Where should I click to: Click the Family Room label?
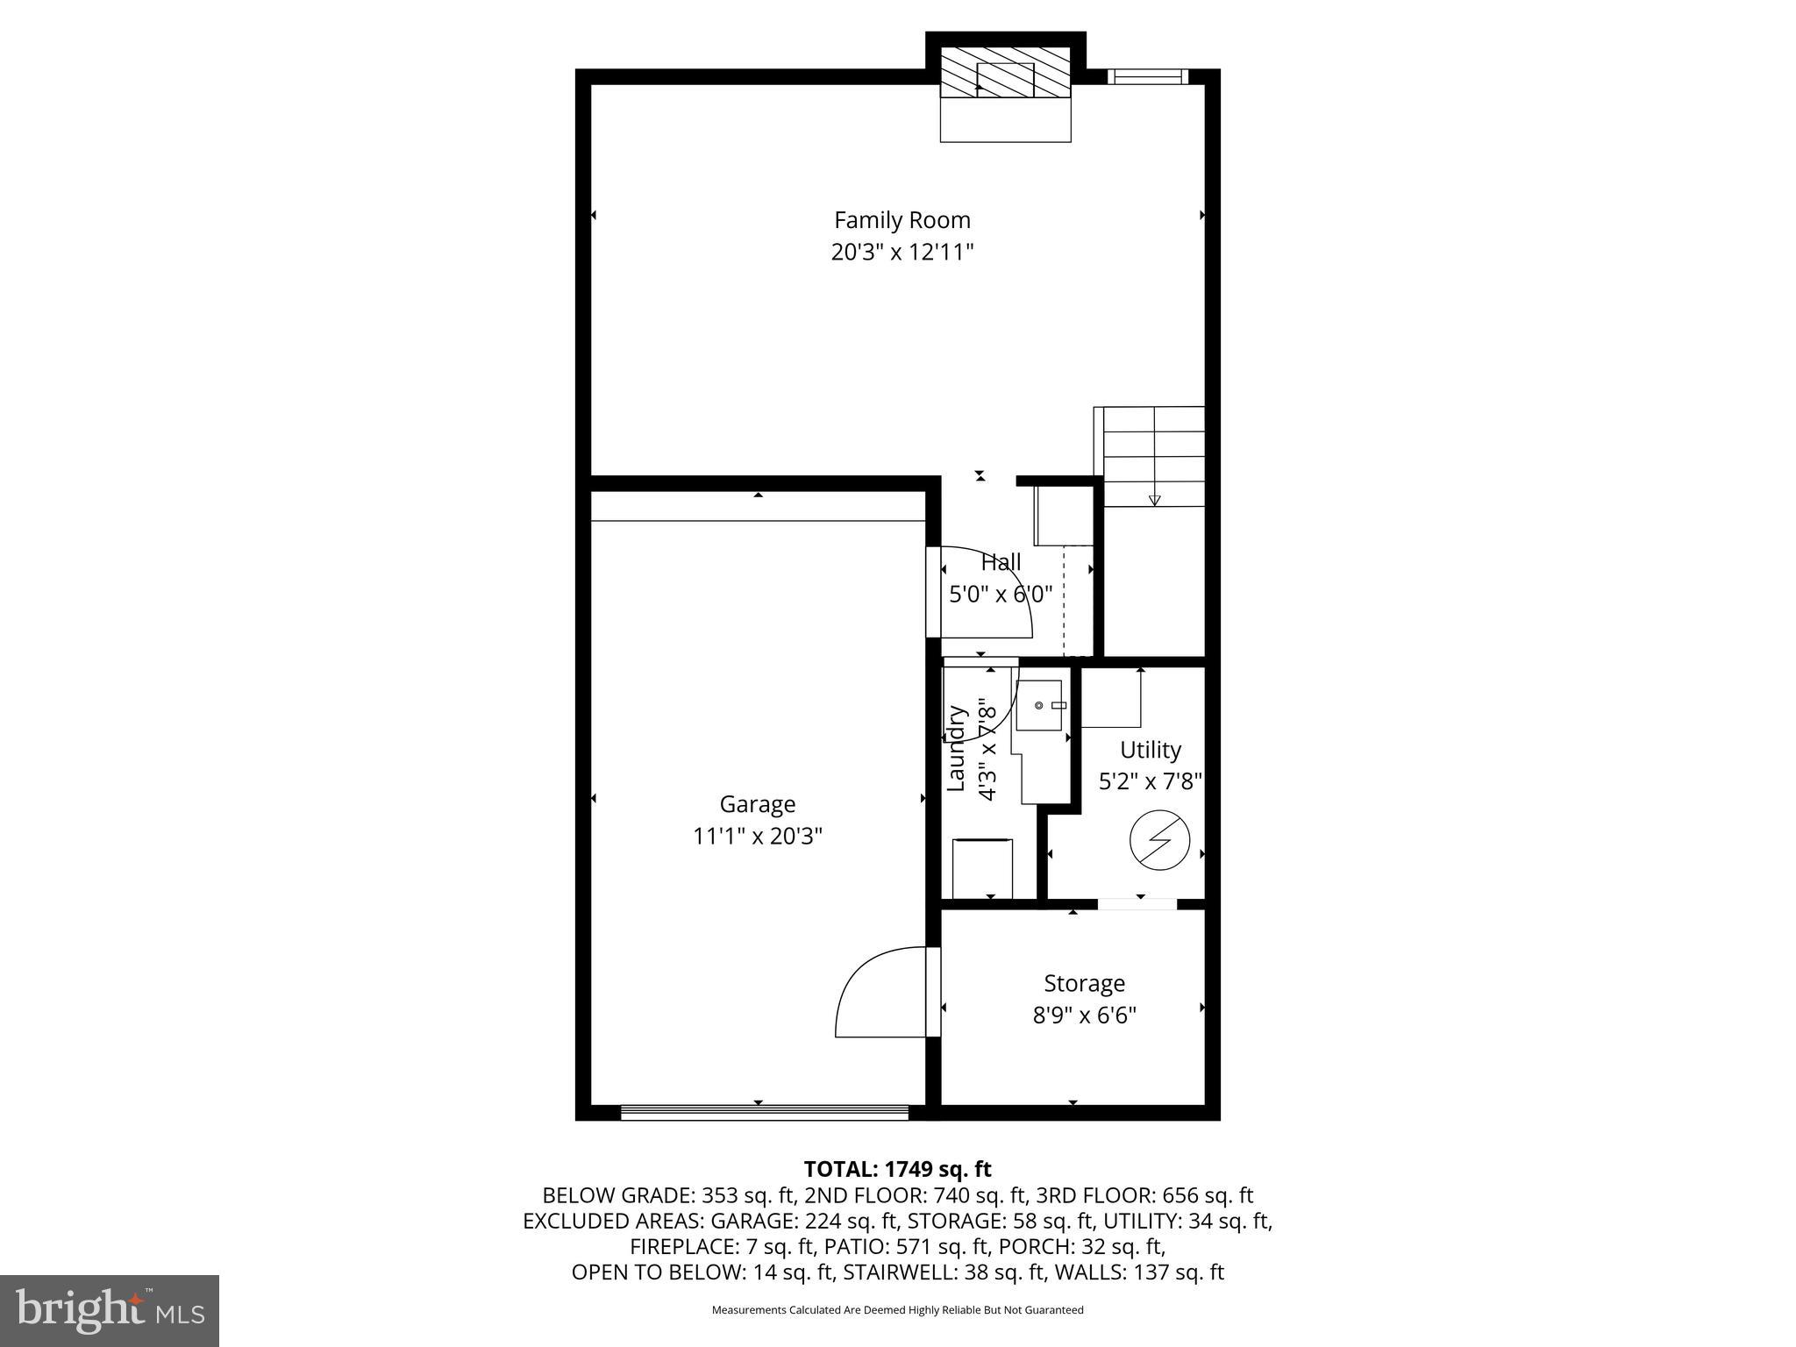[902, 220]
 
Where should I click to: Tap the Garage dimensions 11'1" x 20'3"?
[758, 837]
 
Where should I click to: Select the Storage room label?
[1084, 984]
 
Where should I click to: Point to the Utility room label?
[1150, 751]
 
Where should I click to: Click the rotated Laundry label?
[957, 748]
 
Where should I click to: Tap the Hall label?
[1001, 562]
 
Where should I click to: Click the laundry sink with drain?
[1039, 705]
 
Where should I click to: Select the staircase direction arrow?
[1154, 500]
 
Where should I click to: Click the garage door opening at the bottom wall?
[764, 1112]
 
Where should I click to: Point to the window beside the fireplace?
[1147, 77]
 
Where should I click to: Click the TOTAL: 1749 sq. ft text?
[897, 1169]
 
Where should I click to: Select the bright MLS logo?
[110, 1310]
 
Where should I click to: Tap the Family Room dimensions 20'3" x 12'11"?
[902, 253]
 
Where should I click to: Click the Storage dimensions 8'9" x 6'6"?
[1084, 1016]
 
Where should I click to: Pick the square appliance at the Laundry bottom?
[982, 868]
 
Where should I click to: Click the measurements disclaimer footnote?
[897, 1310]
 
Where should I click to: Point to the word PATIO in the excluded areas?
[845, 1246]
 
